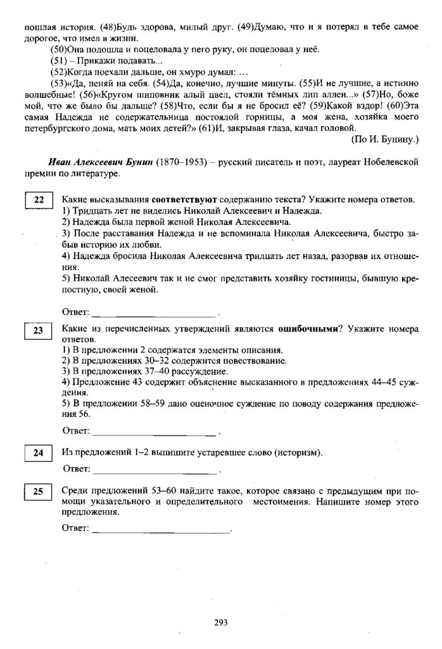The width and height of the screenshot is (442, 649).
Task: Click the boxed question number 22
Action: (x=39, y=201)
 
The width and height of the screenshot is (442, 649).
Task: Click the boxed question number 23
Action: (x=39, y=331)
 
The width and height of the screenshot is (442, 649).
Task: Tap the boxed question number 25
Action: (x=39, y=491)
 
